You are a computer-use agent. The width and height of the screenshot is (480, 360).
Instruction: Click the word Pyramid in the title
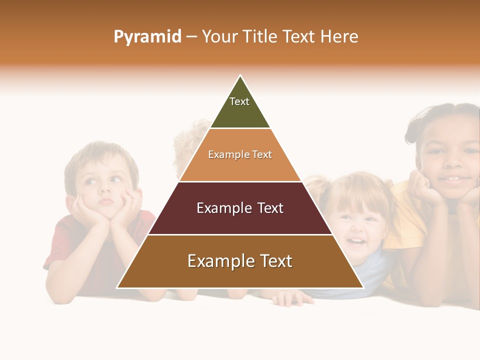pos(147,37)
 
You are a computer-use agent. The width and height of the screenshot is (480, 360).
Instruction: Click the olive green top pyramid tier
pos(240,112)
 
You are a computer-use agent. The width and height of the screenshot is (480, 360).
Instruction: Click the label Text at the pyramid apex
pos(239,101)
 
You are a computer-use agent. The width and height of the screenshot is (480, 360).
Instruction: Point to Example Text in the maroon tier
pos(240,208)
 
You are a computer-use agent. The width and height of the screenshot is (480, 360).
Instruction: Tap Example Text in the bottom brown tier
pos(240,261)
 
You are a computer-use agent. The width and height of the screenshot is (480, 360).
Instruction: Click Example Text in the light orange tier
pos(240,155)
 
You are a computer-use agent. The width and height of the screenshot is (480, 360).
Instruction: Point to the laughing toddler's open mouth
pos(356,242)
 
